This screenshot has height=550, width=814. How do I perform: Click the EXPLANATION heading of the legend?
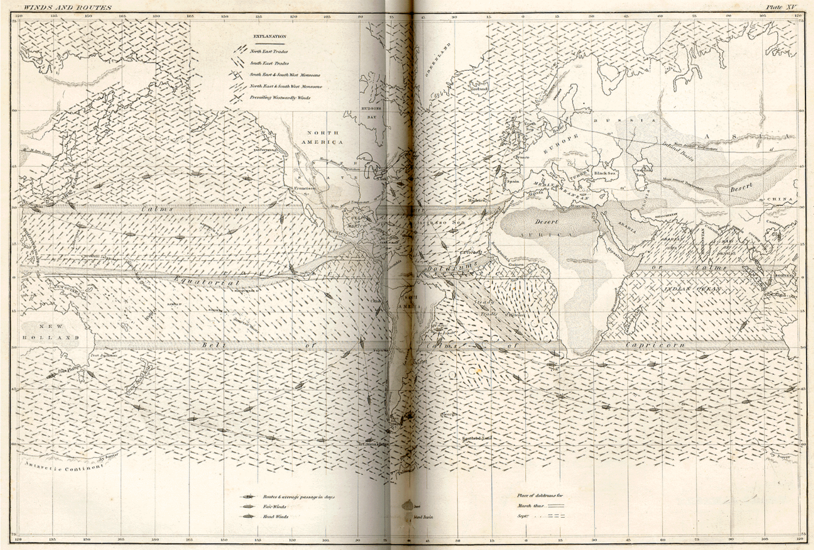pyautogui.click(x=270, y=36)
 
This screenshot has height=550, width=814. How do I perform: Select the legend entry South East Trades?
pyautogui.click(x=269, y=64)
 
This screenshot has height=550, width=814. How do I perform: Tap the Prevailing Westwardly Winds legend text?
pyautogui.click(x=280, y=98)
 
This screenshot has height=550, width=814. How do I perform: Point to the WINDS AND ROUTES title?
pyautogui.click(x=68, y=7)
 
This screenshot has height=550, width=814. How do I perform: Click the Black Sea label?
pyautogui.click(x=605, y=173)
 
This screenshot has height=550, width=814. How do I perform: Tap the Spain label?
pyautogui.click(x=513, y=181)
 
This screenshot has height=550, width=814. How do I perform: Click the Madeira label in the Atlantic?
pyautogui.click(x=477, y=200)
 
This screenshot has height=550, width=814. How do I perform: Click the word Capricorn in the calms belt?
pyautogui.click(x=655, y=345)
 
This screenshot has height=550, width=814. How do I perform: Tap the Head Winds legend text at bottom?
pyautogui.click(x=276, y=516)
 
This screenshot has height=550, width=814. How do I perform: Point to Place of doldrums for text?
pyautogui.click(x=540, y=495)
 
